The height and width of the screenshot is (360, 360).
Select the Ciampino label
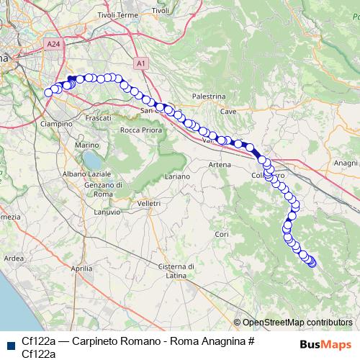pos(58,124)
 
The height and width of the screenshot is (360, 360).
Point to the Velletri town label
pos(148,204)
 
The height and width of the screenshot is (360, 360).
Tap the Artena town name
pos(219,165)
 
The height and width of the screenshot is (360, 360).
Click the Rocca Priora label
pos(140,130)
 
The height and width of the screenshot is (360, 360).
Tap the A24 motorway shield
pos(53,45)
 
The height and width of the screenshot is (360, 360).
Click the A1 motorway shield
pos(141,63)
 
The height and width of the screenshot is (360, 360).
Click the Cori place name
pos(221,235)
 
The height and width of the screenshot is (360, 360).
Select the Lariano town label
pos(177,176)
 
